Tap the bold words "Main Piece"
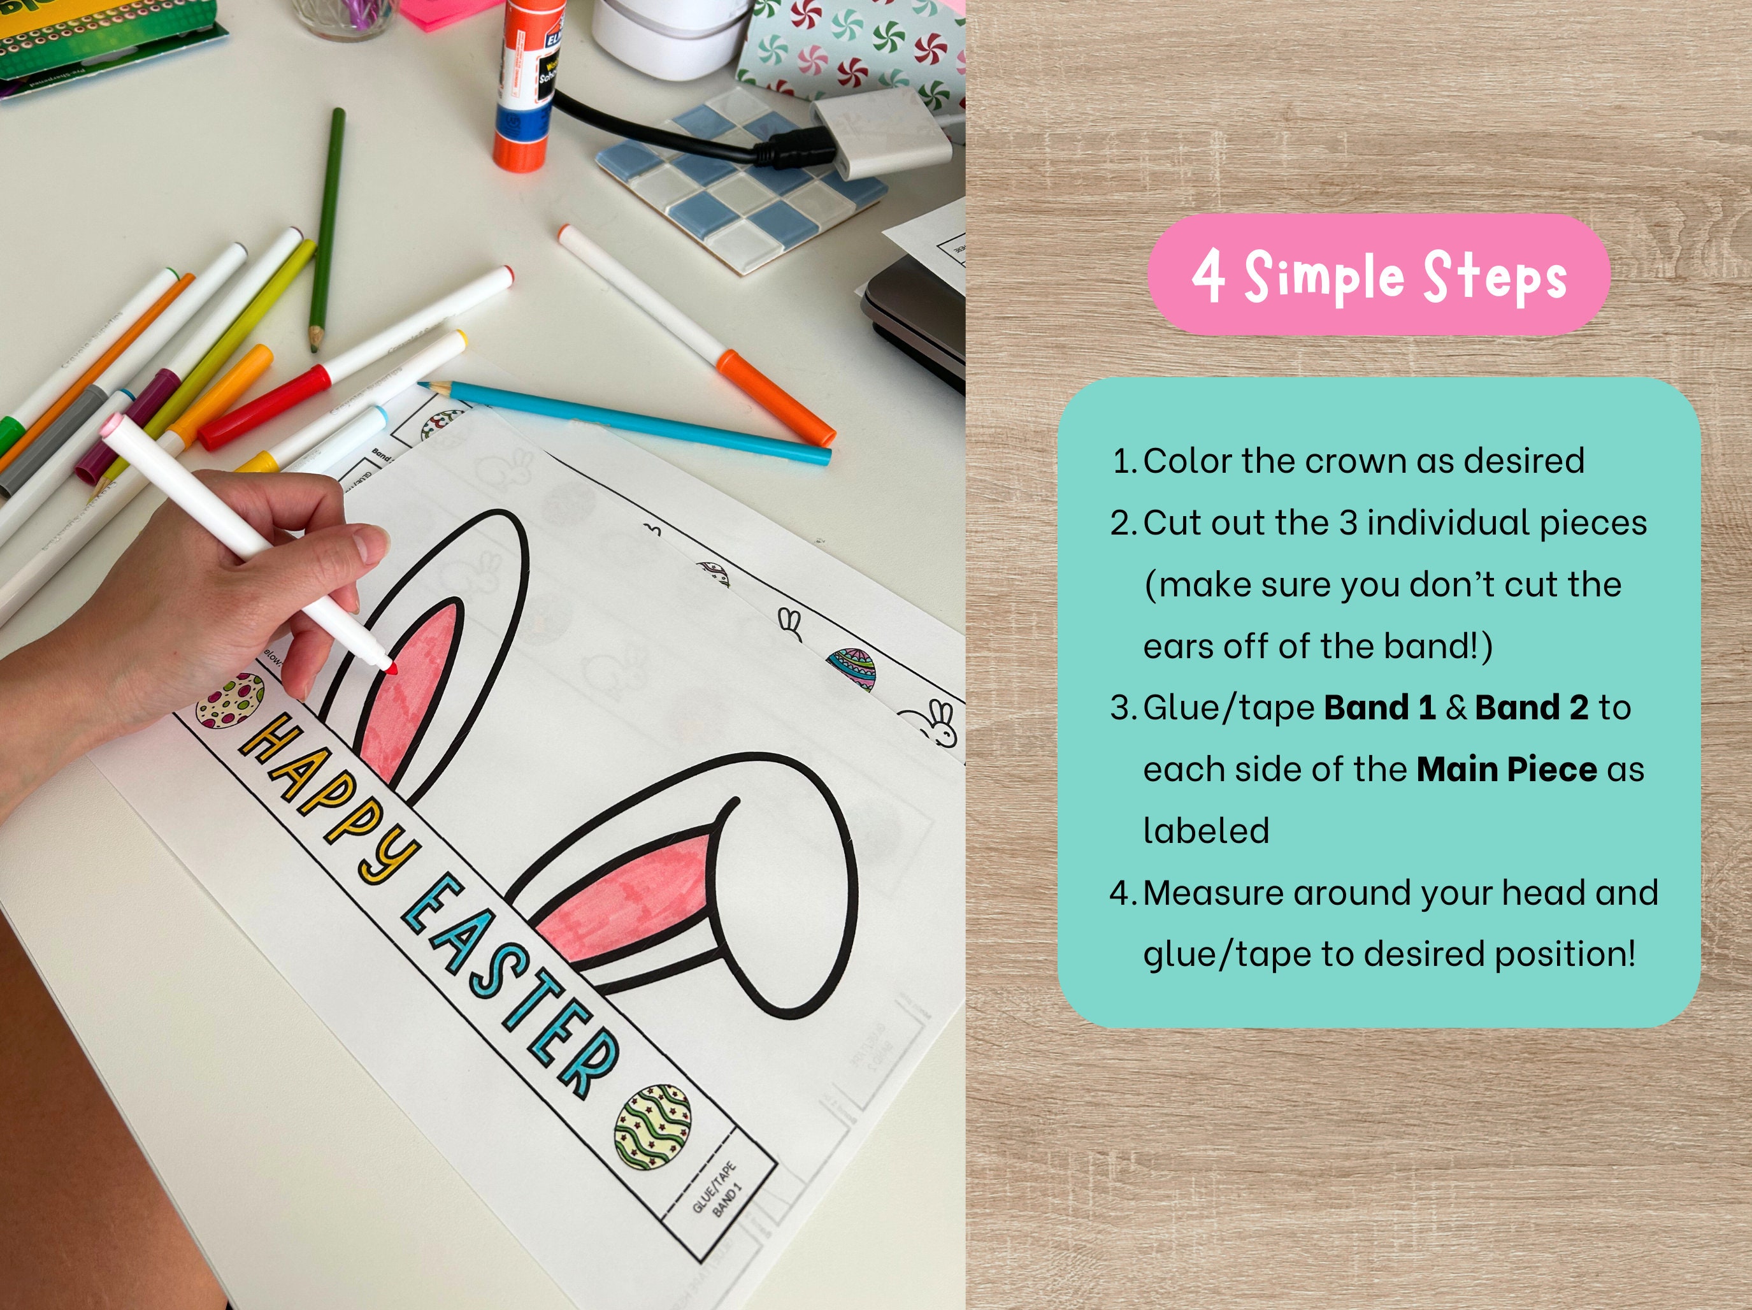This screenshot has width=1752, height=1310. tap(1505, 769)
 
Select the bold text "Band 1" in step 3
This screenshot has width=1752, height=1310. tap(1379, 707)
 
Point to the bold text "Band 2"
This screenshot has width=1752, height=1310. tap(1531, 707)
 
